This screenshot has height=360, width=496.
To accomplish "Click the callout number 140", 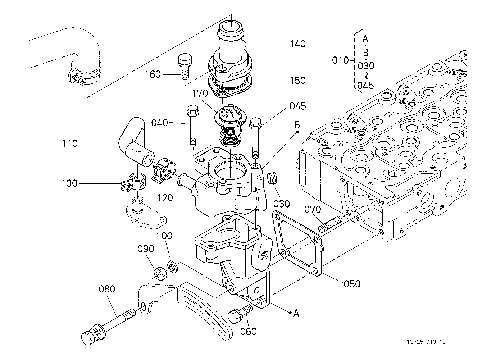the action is pyautogui.click(x=298, y=44).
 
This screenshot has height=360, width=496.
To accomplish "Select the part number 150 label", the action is pyautogui.click(x=298, y=81).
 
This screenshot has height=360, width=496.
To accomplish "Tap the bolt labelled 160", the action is pyautogui.click(x=185, y=66).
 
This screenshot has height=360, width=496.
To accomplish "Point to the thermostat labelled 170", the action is pyautogui.click(x=230, y=125).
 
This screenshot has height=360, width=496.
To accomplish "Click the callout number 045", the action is pyautogui.click(x=298, y=106).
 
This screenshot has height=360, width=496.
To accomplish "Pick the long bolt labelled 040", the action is pyautogui.click(x=192, y=126).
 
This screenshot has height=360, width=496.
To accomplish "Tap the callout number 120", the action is pyautogui.click(x=165, y=198).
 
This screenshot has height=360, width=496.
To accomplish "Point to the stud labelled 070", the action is pyautogui.click(x=330, y=224).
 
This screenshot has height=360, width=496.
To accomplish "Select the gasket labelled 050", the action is pyautogui.click(x=297, y=243).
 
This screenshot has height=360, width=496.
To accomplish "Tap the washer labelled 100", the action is pyautogui.click(x=173, y=267).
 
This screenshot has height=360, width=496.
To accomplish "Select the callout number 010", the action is pyautogui.click(x=340, y=60).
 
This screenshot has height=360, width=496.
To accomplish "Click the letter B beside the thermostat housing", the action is pyautogui.click(x=297, y=125).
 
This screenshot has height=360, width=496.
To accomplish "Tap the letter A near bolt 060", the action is pyautogui.click(x=296, y=314).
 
